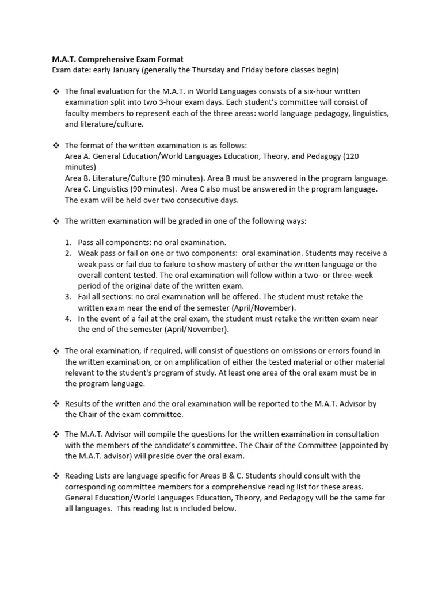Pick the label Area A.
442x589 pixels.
tap(78, 156)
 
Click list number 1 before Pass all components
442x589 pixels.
tap(67, 243)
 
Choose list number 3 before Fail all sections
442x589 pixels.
tap(67, 297)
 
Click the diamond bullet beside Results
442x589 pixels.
tap(56, 404)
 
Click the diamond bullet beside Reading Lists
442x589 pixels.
tap(56, 476)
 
